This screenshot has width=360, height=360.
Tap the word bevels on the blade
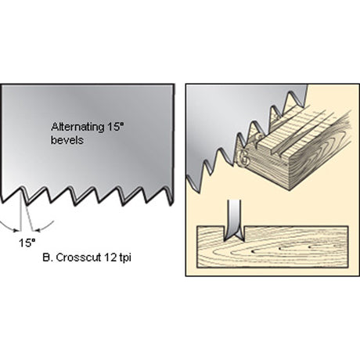(x=67, y=140)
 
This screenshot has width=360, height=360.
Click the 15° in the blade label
(x=115, y=127)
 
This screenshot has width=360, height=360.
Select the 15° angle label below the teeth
(x=27, y=243)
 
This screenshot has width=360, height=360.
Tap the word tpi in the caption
(x=124, y=258)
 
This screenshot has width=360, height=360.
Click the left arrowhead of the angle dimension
(x=16, y=230)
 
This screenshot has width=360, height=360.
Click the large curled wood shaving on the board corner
(x=243, y=157)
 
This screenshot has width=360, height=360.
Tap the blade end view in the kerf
(x=234, y=220)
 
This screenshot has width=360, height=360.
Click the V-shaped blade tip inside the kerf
(x=234, y=236)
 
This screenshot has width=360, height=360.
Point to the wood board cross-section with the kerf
(x=272, y=247)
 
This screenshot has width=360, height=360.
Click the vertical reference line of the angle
(x=20, y=210)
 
